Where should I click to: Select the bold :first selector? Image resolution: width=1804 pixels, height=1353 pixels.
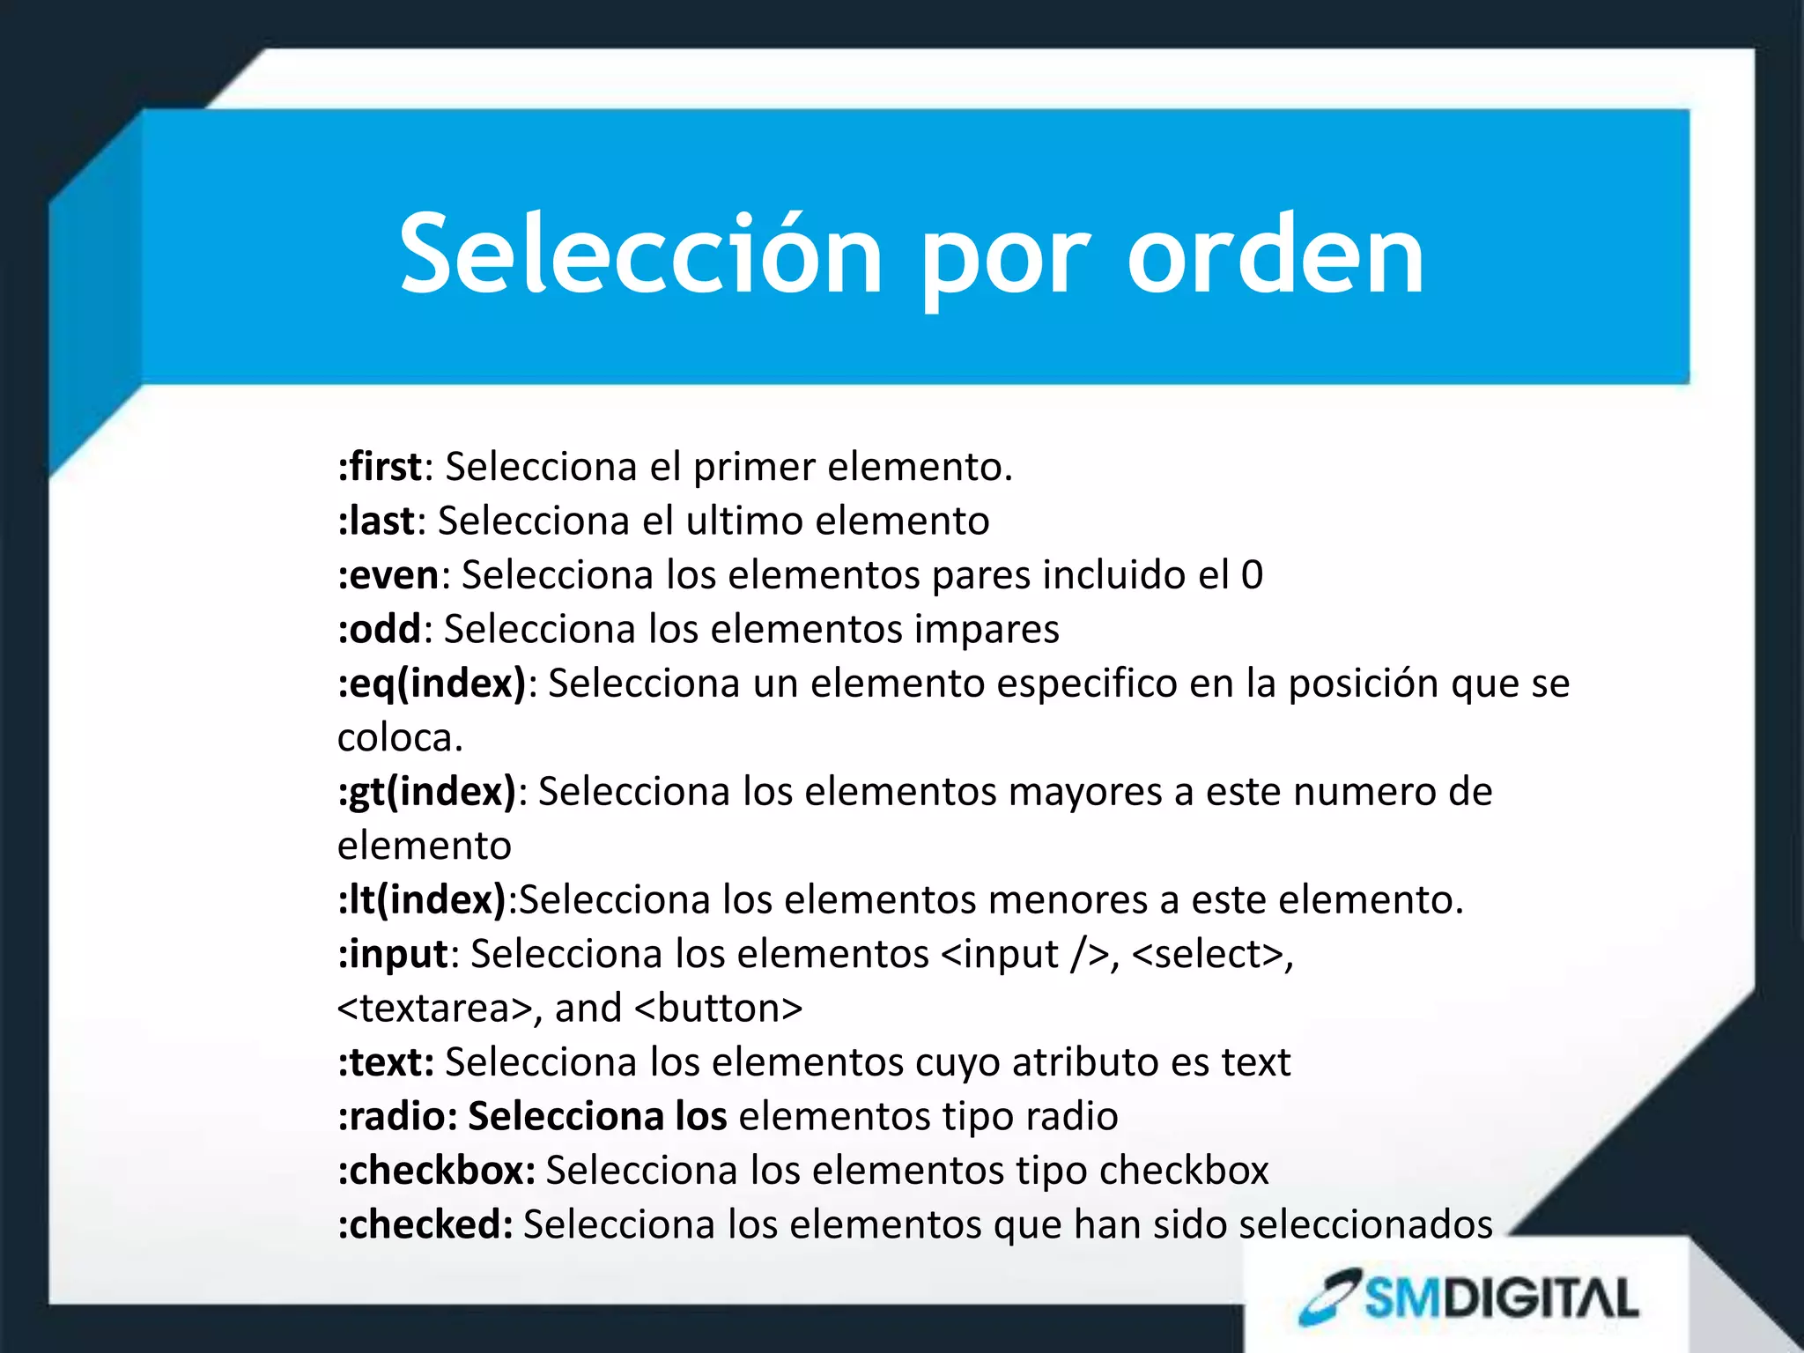pyautogui.click(x=380, y=466)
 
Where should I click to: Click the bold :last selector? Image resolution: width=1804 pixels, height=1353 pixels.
pyautogui.click(x=376, y=520)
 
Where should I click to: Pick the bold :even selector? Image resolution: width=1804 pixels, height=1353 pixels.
pyautogui.click(x=388, y=574)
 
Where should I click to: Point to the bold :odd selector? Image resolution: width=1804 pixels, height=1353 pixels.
pyautogui.click(x=379, y=629)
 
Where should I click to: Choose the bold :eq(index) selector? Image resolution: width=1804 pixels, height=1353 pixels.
pyautogui.click(x=432, y=684)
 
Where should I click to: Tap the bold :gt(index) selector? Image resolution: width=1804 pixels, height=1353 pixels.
pyautogui.click(x=427, y=791)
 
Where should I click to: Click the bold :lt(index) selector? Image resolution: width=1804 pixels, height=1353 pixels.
pyautogui.click(x=422, y=899)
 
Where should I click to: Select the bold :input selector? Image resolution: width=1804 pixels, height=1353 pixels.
pyautogui.click(x=393, y=954)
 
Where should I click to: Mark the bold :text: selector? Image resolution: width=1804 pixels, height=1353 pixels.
pyautogui.click(x=386, y=1062)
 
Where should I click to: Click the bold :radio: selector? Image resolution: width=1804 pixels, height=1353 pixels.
pyautogui.click(x=397, y=1116)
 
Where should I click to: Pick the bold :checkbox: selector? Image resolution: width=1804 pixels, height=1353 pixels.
pyautogui.click(x=436, y=1171)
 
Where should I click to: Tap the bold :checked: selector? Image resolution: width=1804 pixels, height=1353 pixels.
pyautogui.click(x=425, y=1224)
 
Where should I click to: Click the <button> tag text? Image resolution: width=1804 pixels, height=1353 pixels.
pyautogui.click(x=718, y=1008)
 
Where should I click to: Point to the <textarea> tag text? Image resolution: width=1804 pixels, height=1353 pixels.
pyautogui.click(x=434, y=1008)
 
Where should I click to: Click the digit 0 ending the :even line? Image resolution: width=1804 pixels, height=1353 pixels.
pyautogui.click(x=1252, y=574)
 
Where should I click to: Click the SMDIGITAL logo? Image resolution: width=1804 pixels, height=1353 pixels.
pyautogui.click(x=1469, y=1298)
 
